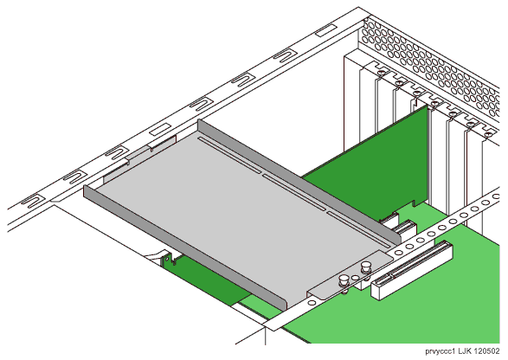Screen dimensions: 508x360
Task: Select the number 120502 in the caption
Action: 486,351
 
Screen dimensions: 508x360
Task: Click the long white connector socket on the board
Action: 412,270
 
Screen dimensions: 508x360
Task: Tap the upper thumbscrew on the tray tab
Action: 366,268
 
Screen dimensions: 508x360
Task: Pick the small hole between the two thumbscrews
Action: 356,278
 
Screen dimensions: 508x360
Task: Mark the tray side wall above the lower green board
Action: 184,247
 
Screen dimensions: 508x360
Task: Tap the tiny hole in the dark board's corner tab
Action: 167,260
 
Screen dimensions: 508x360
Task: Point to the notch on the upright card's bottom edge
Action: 414,203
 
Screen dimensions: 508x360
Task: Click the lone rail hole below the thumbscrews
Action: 312,303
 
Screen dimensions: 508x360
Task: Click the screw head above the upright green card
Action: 416,93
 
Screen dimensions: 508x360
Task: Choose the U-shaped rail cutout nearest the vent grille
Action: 284,55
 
